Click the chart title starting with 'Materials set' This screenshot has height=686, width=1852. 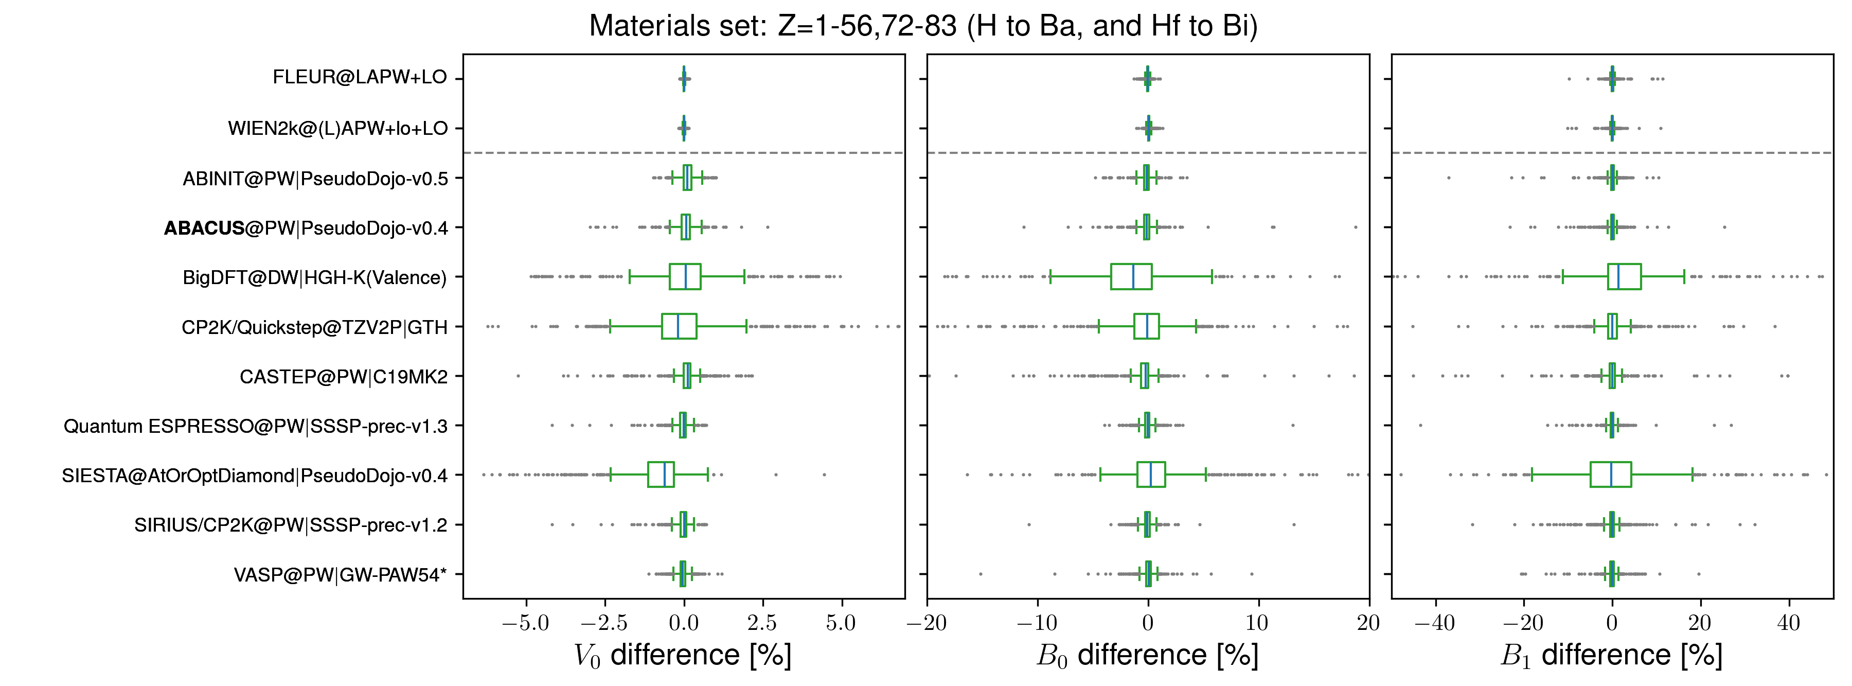point(923,26)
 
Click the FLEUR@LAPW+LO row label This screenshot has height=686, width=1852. point(360,77)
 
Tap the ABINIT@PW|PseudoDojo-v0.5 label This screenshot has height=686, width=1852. point(315,179)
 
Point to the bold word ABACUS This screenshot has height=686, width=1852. point(204,228)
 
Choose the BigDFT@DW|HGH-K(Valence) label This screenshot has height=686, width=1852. point(314,277)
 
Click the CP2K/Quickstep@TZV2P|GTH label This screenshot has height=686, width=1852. point(314,327)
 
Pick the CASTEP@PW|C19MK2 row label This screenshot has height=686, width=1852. point(343,377)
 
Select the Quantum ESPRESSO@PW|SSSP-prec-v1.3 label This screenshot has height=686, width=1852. point(255,427)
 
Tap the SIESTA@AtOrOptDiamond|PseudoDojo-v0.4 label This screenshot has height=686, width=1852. point(255,476)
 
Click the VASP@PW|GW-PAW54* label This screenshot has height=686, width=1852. point(340,574)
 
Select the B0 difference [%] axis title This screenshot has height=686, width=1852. point(1147,655)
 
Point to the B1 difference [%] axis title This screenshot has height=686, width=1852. point(1611,655)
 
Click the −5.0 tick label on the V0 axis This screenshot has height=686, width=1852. point(526,623)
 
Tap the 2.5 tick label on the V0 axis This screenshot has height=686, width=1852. point(762,623)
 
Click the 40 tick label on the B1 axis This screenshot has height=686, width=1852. point(1788,623)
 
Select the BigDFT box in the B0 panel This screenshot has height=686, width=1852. point(1131,277)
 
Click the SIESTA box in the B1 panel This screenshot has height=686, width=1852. point(1610,474)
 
